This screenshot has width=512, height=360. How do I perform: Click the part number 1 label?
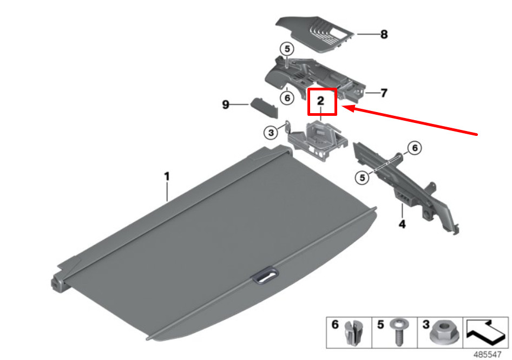coord(167,176)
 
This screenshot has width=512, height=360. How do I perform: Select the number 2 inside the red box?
coord(320,101)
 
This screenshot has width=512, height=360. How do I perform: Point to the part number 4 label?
coord(402,223)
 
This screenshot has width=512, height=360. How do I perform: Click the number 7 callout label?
coord(383,93)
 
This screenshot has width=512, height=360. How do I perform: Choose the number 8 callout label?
coord(384,35)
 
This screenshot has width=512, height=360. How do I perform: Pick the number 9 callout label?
coord(226,105)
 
